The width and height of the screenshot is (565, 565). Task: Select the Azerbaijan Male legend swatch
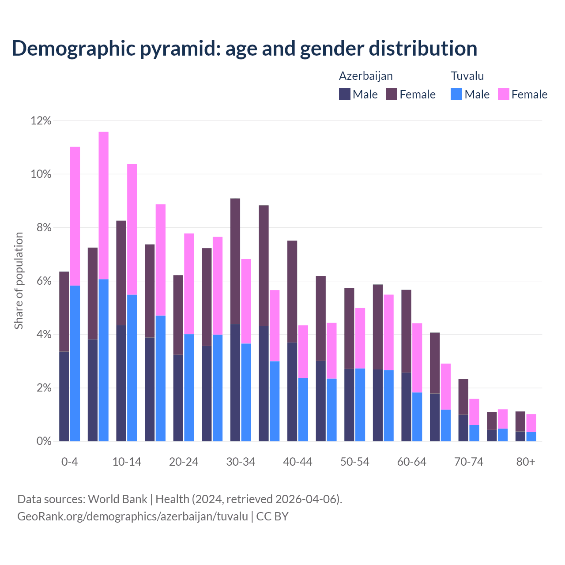point(344,94)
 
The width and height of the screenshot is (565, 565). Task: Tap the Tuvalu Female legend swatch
point(503,94)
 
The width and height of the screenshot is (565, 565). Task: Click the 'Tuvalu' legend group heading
point(467,76)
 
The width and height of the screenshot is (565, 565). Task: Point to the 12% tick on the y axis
point(41,121)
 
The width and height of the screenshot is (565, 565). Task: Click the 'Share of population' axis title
point(19,281)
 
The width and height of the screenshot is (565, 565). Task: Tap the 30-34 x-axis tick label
point(241,462)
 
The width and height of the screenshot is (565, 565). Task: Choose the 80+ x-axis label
point(526,462)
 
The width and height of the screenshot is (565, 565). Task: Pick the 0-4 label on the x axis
point(70,462)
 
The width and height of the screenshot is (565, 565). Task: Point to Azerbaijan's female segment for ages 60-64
point(406,331)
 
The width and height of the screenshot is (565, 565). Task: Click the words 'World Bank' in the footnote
point(117,499)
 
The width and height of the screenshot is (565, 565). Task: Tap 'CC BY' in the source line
point(272,516)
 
